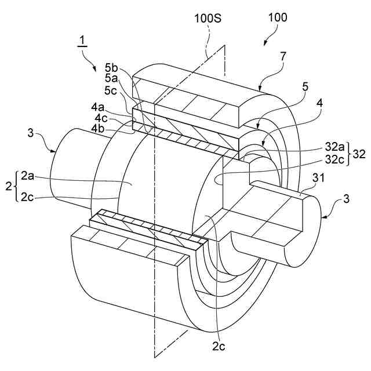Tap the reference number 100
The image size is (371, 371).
tap(277, 17)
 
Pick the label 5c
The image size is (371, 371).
tap(112, 91)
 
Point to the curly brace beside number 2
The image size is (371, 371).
tap(16, 185)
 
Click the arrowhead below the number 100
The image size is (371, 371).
tap(265, 43)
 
